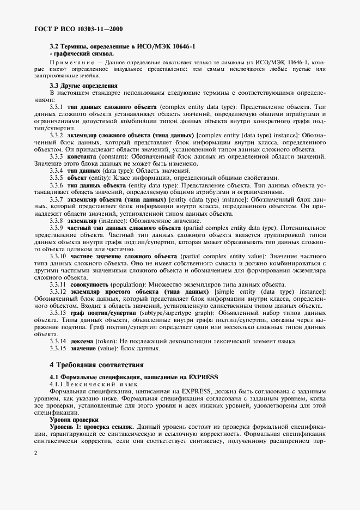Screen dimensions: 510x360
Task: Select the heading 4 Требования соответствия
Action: point(97,364)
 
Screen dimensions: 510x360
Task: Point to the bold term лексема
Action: point(80,341)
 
